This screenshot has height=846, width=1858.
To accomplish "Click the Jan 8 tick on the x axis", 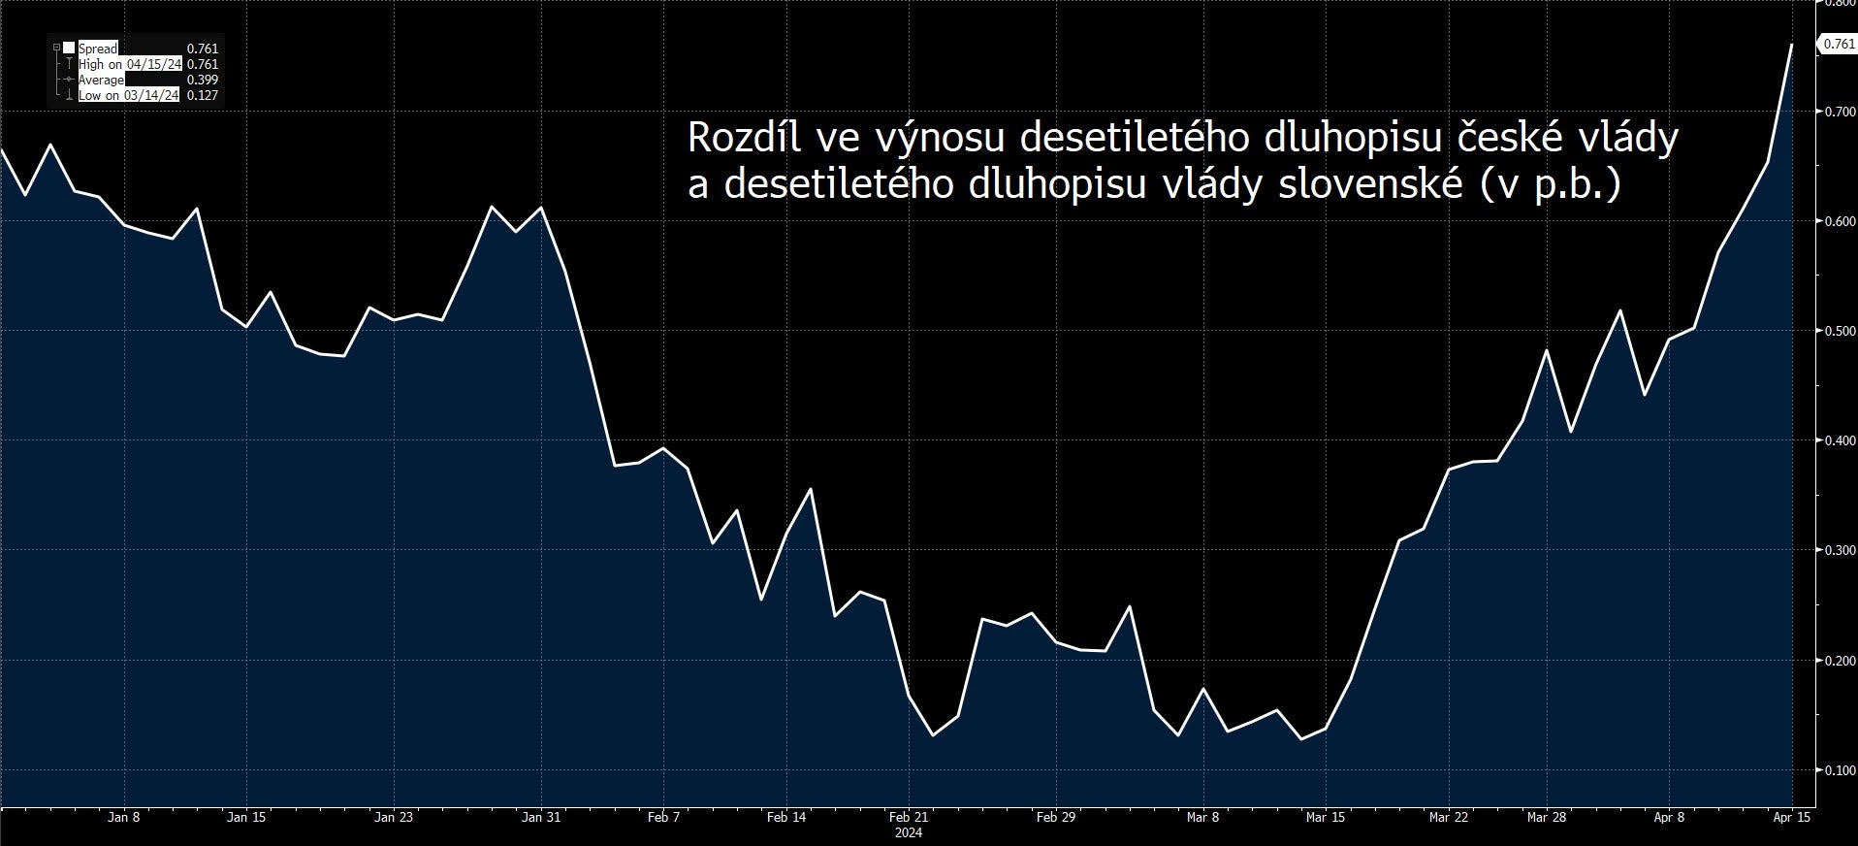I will [123, 817].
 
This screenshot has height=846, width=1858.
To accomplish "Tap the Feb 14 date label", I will [785, 817].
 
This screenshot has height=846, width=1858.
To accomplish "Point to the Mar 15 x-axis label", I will [1325, 817].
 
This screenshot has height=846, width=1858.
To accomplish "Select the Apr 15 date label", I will [1791, 817].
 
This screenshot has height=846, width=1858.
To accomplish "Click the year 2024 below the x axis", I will [908, 832].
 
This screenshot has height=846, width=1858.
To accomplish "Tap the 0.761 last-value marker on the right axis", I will [1838, 45].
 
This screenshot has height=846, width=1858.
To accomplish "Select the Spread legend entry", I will [98, 49].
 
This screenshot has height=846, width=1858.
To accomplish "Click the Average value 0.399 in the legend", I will [202, 80].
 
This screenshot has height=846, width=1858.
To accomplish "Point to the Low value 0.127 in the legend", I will [202, 95].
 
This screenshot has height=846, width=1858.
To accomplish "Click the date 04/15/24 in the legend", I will [153, 64].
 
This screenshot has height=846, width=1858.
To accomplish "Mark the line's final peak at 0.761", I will [1790, 45].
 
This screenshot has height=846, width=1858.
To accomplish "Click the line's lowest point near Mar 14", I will [1301, 739].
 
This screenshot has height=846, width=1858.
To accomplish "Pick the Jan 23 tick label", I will [394, 817].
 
